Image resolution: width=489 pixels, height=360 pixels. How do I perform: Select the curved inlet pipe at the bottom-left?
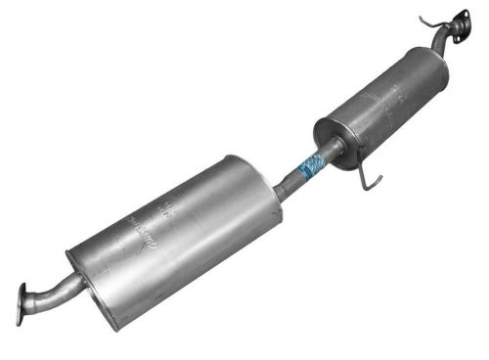[x=54, y=288]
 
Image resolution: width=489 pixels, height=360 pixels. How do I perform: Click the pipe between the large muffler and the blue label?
[x=290, y=182]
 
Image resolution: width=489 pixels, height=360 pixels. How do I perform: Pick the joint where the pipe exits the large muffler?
[x=278, y=190]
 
